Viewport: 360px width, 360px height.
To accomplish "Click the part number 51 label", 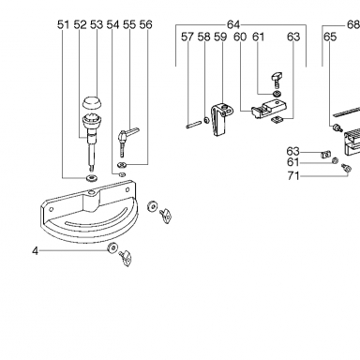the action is click(x=64, y=24).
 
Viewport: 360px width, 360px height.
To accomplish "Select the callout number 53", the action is click(x=97, y=24).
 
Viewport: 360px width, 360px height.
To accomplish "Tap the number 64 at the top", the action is click(x=233, y=24).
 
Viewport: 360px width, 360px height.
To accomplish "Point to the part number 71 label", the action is click(x=293, y=176).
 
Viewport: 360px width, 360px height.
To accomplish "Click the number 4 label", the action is click(x=36, y=250).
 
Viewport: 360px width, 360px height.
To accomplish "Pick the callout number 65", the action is click(x=330, y=37).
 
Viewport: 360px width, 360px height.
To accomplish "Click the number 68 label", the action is click(x=353, y=24).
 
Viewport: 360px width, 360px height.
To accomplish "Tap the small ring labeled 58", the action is click(x=206, y=120).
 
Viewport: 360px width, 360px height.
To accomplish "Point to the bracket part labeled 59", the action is click(x=221, y=119).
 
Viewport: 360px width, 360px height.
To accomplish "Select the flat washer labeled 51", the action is click(x=92, y=178).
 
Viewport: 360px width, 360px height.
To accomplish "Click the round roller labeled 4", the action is click(x=112, y=248).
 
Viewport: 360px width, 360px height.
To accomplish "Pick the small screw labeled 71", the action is click(x=346, y=168).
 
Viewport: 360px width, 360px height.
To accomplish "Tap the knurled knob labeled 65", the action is click(x=337, y=127).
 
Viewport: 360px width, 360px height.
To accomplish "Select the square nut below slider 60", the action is click(x=277, y=119).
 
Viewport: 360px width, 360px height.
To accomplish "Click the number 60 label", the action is click(x=240, y=37).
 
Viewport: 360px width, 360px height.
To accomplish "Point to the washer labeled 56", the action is click(x=122, y=164).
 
